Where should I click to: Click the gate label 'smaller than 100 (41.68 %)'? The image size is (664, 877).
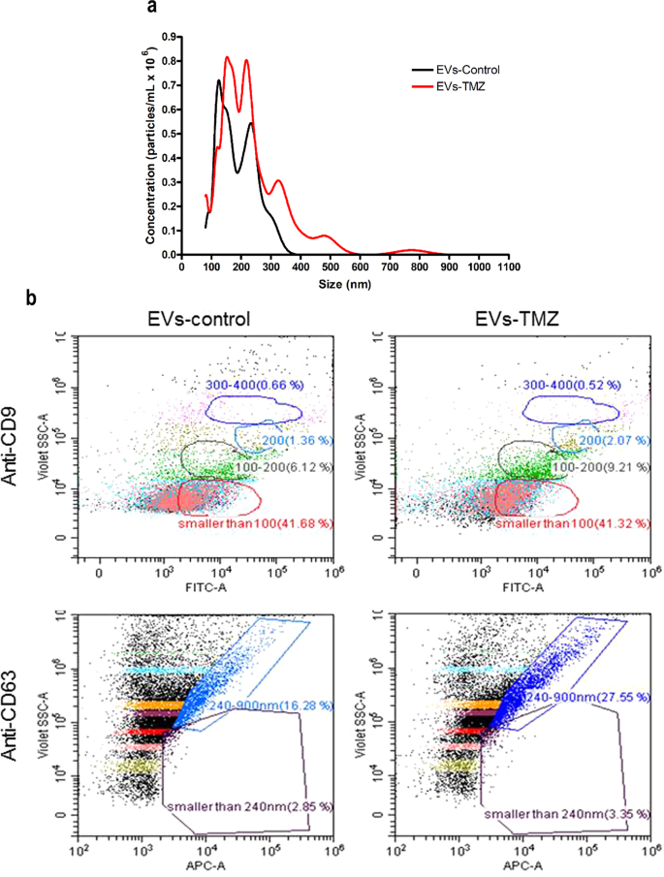(x=240, y=524)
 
